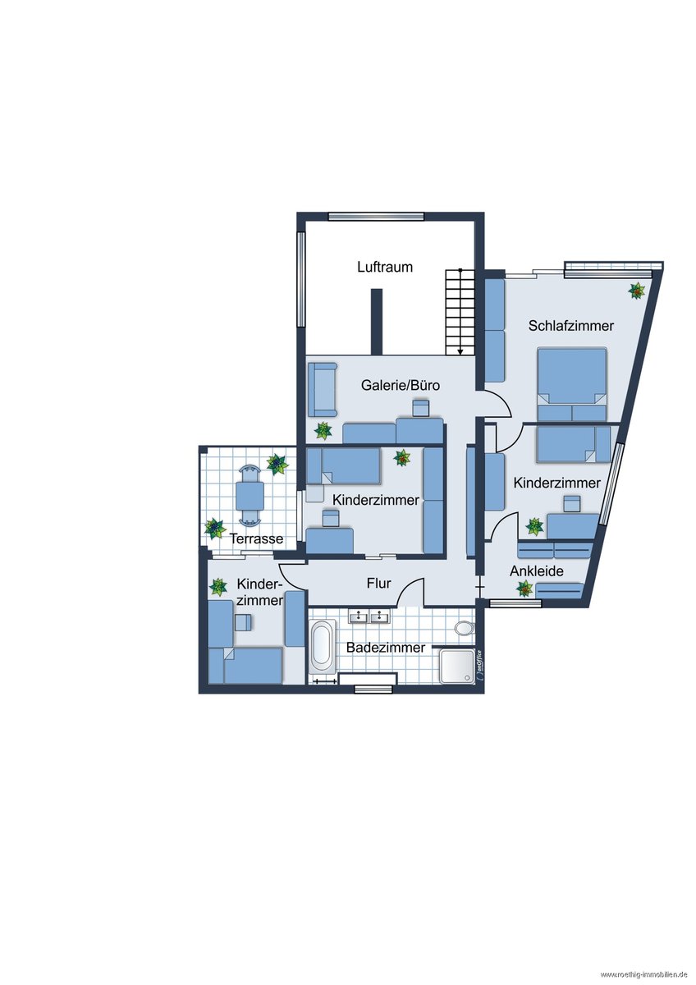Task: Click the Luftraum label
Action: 385,267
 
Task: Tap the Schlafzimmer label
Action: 570,326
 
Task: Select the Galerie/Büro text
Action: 400,385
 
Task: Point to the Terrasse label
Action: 256,538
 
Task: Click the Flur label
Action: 379,583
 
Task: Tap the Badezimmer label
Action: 386,648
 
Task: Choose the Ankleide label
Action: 537,571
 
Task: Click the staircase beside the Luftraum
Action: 460,312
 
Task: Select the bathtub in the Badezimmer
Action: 323,648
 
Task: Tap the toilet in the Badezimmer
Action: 465,629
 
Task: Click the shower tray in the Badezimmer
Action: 457,667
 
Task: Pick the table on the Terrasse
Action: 250,495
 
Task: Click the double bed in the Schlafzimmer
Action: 572,384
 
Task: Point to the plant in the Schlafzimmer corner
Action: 636,291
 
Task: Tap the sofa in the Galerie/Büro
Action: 323,390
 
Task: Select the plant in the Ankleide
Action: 524,588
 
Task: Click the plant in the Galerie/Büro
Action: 323,430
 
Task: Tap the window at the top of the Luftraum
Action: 376,216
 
